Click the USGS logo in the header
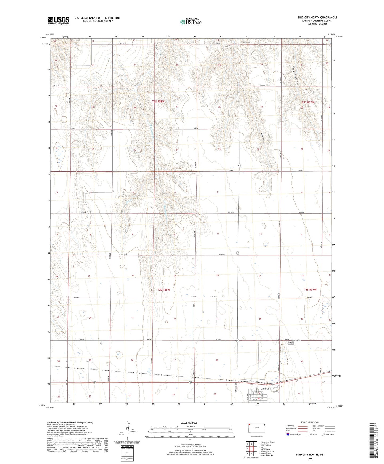click(58, 20)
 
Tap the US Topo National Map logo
click(191, 22)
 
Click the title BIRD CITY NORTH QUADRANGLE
click(317, 18)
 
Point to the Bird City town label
click(266, 389)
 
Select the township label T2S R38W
click(158, 102)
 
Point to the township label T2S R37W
click(308, 102)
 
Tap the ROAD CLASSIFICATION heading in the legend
click(310, 422)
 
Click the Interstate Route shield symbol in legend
click(288, 434)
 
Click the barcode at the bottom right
click(373, 440)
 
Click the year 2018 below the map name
click(310, 458)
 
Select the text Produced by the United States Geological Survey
click(70, 422)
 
